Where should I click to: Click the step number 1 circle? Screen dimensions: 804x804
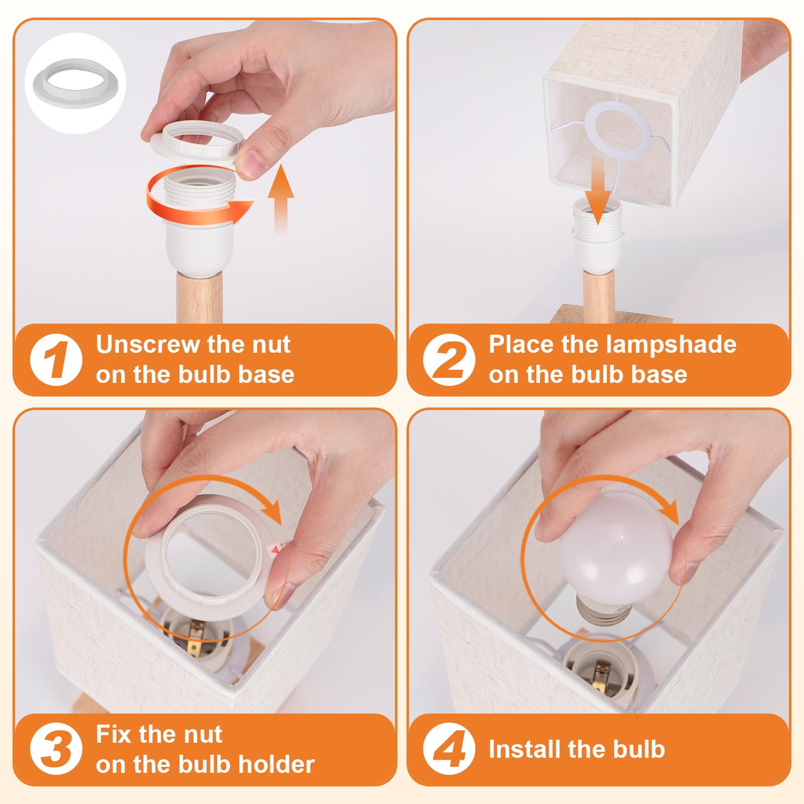coord(56,360)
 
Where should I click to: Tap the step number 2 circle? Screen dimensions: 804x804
coord(449,360)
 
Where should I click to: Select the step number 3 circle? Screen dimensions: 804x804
coord(56,749)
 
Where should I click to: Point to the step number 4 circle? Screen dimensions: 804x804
coord(449,749)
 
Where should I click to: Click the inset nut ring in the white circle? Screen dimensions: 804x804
coord(75,83)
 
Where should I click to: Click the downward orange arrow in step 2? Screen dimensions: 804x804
coord(597,190)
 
